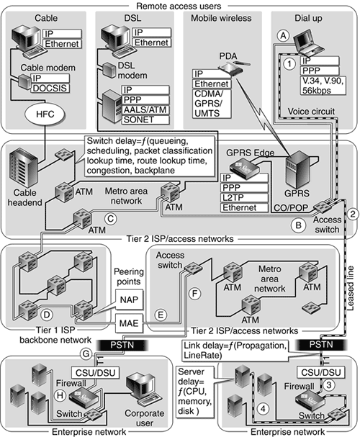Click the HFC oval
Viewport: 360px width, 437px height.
(x=45, y=114)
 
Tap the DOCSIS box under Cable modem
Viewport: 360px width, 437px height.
(x=50, y=88)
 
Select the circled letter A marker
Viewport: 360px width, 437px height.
(x=283, y=36)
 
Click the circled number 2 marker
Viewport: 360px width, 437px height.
(x=353, y=214)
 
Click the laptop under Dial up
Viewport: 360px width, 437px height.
(x=310, y=43)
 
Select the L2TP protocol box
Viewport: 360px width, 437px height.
(x=244, y=197)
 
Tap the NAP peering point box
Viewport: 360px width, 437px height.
(x=130, y=300)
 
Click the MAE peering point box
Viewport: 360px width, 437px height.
(x=129, y=323)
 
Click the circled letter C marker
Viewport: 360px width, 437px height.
(x=111, y=219)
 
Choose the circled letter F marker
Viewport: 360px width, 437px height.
(x=194, y=294)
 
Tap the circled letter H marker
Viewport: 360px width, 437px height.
(x=60, y=395)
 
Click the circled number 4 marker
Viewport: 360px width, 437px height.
(x=263, y=409)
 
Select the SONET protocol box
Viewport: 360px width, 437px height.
(x=145, y=120)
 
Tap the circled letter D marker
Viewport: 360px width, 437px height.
(x=47, y=315)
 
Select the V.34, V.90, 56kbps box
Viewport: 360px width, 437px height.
(x=323, y=86)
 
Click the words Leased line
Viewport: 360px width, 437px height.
(x=350, y=288)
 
